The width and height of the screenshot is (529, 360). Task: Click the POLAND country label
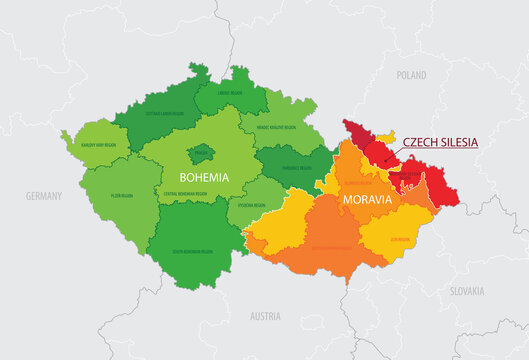(x=411, y=75)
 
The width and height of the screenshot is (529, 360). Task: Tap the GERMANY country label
(x=43, y=196)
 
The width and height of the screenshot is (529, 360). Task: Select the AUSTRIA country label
(x=264, y=315)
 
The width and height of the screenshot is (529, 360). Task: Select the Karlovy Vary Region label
(x=97, y=146)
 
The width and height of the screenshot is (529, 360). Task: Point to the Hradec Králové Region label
(x=276, y=128)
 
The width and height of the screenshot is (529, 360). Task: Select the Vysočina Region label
(x=254, y=205)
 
